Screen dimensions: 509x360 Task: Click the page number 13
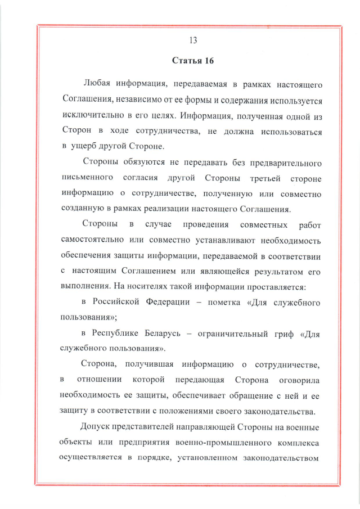click(x=193, y=40)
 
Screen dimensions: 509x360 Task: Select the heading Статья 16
click(x=193, y=60)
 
